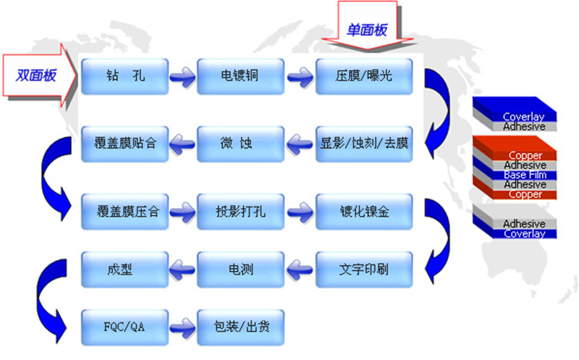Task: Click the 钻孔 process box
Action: click(124, 77)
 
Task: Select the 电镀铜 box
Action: click(240, 77)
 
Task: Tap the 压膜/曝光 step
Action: click(364, 77)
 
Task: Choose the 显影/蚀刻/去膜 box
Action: click(364, 143)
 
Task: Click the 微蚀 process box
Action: click(240, 143)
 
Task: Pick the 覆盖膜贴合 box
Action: click(124, 143)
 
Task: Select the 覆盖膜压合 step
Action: click(124, 212)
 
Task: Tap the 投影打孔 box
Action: click(240, 212)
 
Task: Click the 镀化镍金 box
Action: click(364, 212)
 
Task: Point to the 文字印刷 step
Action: click(364, 269)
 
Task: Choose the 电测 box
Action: click(240, 269)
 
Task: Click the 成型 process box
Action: click(124, 269)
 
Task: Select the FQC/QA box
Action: click(124, 327)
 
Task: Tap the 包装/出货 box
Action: click(240, 327)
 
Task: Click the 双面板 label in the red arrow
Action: click(35, 75)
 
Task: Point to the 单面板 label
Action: click(367, 30)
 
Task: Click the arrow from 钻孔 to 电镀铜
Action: click(183, 77)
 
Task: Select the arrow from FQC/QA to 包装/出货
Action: click(183, 327)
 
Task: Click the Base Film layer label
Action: click(525, 175)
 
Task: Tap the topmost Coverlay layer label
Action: click(523, 117)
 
